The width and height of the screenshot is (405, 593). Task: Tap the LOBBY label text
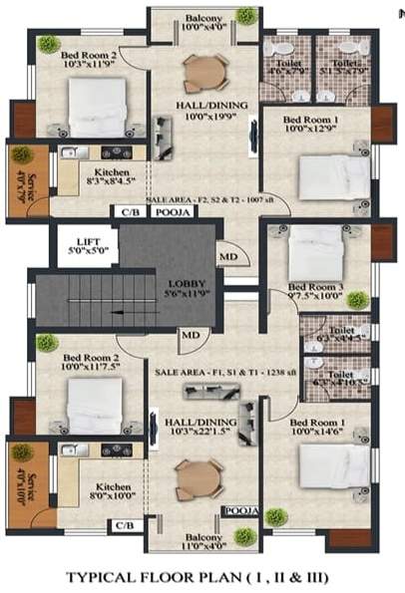187,288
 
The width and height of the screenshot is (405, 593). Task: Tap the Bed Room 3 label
319,290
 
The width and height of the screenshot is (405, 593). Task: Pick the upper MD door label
228,257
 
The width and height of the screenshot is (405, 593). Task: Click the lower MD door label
190,336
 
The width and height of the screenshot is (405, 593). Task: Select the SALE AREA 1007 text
217,200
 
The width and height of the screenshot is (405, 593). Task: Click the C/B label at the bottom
125,525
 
